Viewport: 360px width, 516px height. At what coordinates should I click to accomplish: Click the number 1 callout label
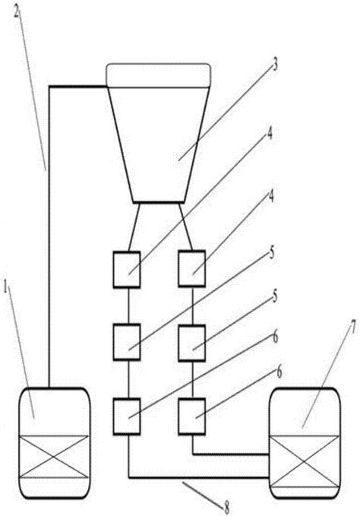pyautogui.click(x=5, y=287)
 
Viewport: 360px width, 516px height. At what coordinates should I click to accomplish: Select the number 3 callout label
pyautogui.click(x=274, y=64)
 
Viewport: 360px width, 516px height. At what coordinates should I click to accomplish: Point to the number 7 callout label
pyautogui.click(x=352, y=327)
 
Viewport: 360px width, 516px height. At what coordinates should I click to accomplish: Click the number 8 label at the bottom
pyautogui.click(x=227, y=507)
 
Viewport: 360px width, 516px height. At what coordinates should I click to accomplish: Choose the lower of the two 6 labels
pyautogui.click(x=279, y=372)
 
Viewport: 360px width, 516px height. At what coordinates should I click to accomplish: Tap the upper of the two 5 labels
pyautogui.click(x=272, y=253)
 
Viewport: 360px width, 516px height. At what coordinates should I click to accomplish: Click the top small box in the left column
pyautogui.click(x=127, y=270)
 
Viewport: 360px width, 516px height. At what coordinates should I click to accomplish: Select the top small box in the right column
pyautogui.click(x=192, y=268)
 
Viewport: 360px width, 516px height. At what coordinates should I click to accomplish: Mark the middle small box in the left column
pyautogui.click(x=127, y=342)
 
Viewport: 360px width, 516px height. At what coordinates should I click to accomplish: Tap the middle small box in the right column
pyautogui.click(x=192, y=343)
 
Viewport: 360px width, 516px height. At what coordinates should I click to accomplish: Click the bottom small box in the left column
pyautogui.click(x=127, y=416)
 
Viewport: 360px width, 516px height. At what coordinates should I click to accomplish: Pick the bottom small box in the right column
pyautogui.click(x=192, y=416)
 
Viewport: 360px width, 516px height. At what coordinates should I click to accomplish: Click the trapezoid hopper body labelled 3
pyautogui.click(x=159, y=145)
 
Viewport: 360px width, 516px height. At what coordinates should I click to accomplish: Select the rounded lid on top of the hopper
pyautogui.click(x=158, y=75)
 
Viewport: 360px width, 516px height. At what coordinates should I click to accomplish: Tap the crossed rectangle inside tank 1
pyautogui.click(x=54, y=457)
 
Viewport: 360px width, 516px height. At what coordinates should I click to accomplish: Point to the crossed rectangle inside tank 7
pyautogui.click(x=305, y=461)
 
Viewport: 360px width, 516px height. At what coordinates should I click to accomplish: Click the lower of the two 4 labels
pyautogui.click(x=271, y=197)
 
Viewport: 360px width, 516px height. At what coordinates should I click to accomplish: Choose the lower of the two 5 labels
pyautogui.click(x=274, y=296)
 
